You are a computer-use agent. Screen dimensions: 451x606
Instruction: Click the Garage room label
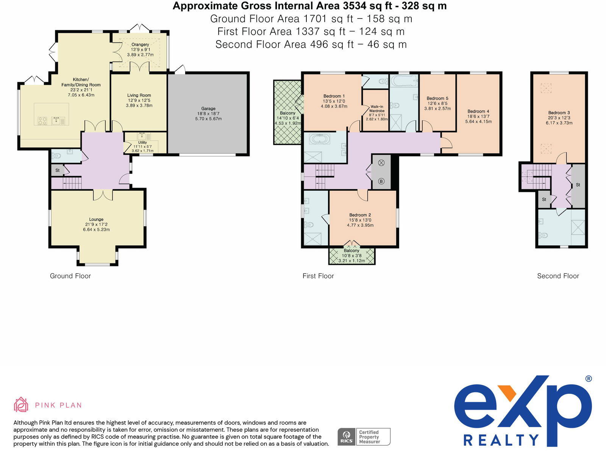(x=208, y=109)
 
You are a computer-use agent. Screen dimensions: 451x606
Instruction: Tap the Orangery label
(x=140, y=45)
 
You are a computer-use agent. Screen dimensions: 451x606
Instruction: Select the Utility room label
(x=142, y=143)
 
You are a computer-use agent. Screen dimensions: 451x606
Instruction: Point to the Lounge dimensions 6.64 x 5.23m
(x=96, y=230)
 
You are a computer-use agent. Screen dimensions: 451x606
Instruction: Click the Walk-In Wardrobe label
(x=377, y=109)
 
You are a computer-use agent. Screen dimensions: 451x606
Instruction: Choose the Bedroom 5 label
(x=437, y=98)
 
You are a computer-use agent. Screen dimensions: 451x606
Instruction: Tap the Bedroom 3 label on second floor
(x=559, y=113)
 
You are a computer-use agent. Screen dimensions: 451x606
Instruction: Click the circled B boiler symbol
(x=381, y=181)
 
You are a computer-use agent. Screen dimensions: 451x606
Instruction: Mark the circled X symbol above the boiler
(x=381, y=163)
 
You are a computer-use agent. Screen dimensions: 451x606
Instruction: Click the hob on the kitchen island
(x=42, y=121)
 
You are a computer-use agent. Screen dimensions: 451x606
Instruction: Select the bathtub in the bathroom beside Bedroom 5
(x=404, y=81)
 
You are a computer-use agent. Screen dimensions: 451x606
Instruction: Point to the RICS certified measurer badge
(x=364, y=437)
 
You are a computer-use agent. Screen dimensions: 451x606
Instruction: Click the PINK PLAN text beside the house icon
(x=58, y=405)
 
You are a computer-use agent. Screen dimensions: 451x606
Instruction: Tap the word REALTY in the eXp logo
(x=501, y=440)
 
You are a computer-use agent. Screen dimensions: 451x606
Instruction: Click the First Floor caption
(x=318, y=276)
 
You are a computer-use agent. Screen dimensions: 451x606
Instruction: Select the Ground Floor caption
(x=70, y=276)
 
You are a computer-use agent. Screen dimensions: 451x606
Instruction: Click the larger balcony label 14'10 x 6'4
(x=287, y=118)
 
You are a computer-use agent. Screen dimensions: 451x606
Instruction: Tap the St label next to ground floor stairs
(x=58, y=171)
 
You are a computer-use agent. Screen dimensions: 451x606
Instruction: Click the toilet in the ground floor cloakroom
(x=56, y=155)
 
